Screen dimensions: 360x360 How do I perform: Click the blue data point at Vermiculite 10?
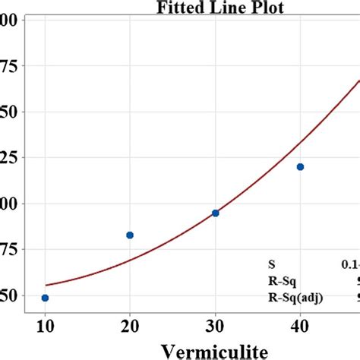click(x=45, y=298)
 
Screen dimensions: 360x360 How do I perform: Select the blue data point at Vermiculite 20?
click(x=130, y=235)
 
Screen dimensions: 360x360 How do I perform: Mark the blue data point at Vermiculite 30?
click(x=215, y=213)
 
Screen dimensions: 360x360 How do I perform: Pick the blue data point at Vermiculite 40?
click(x=300, y=167)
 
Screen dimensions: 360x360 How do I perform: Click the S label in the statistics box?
click(x=271, y=265)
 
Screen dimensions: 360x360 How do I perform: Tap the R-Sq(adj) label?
click(x=295, y=297)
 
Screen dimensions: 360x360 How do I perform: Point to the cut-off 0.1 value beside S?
click(x=350, y=265)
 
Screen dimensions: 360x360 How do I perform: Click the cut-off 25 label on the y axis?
click(x=10, y=158)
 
